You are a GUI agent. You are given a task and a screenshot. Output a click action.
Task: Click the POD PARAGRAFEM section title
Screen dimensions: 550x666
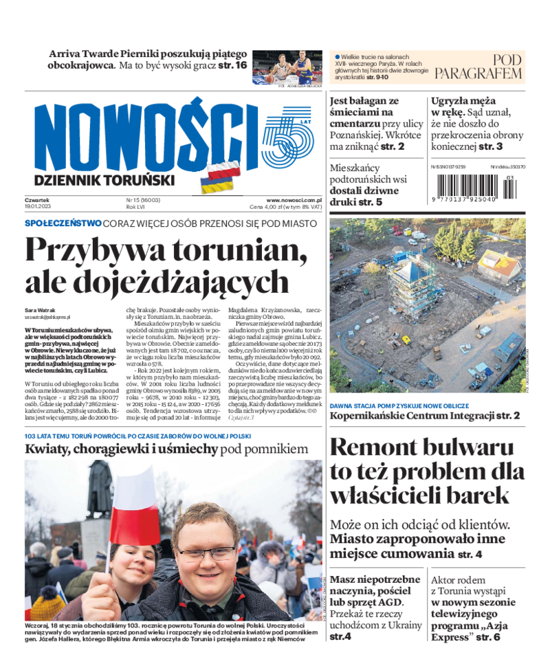tap(479, 67)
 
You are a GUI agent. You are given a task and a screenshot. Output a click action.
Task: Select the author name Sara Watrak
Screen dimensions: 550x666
tap(41, 310)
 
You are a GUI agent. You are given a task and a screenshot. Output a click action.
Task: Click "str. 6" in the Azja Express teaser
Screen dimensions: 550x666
tap(485, 637)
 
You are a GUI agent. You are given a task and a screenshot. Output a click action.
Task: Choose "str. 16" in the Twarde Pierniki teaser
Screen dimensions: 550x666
tap(232, 66)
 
